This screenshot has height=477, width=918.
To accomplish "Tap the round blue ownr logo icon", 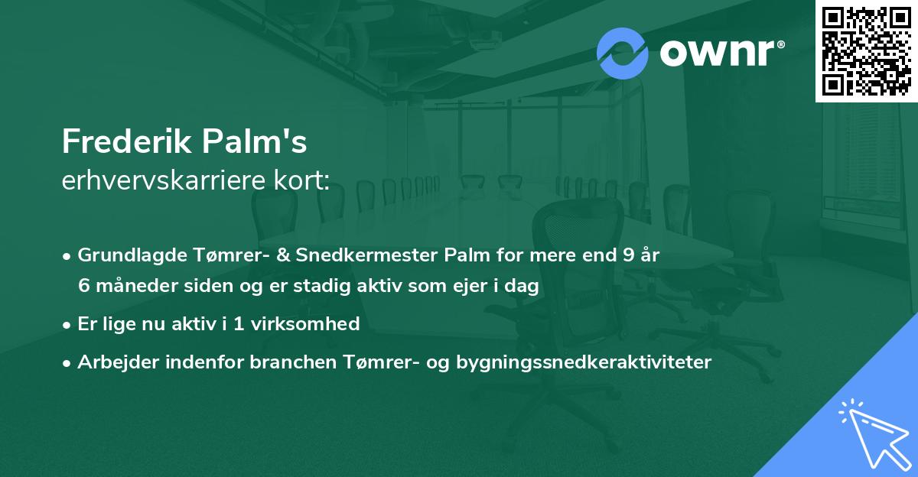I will [622, 53].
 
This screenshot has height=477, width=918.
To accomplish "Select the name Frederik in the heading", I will [126, 142].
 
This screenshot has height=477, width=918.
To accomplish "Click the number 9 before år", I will [629, 255].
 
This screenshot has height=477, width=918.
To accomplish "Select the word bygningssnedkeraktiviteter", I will [584, 362].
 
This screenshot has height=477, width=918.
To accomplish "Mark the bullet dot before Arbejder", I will [68, 362].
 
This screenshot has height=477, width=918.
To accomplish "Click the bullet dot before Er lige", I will [68, 324].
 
